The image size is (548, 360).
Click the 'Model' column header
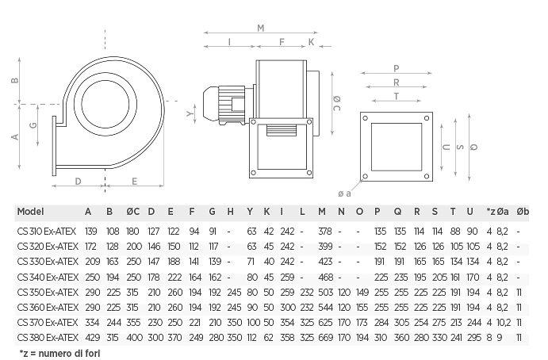(x=30, y=212)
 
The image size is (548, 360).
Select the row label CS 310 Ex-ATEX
(x=47, y=232)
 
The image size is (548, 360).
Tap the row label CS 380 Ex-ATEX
(x=48, y=338)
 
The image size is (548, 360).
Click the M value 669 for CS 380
(x=325, y=338)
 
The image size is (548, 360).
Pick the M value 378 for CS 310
(x=325, y=232)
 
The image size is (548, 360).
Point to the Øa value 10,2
(x=504, y=323)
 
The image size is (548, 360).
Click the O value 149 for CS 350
(x=362, y=292)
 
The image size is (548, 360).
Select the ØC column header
(x=132, y=212)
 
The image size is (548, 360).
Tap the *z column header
(x=491, y=212)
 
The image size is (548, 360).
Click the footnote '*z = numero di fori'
(x=59, y=354)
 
